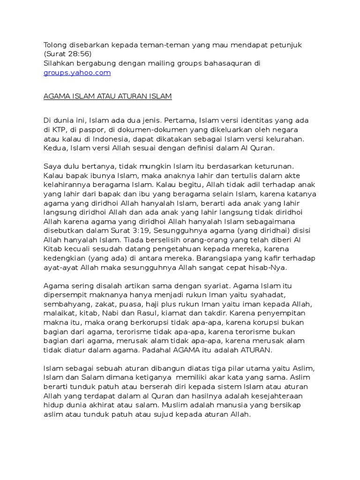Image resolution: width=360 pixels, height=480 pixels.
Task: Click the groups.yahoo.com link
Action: [x=77, y=73]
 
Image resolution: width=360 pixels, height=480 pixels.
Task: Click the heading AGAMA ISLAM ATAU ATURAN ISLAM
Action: [x=108, y=97]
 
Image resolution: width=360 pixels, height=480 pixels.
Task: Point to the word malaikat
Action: [x=59, y=313]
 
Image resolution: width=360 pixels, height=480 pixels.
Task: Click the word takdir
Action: [x=227, y=313]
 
